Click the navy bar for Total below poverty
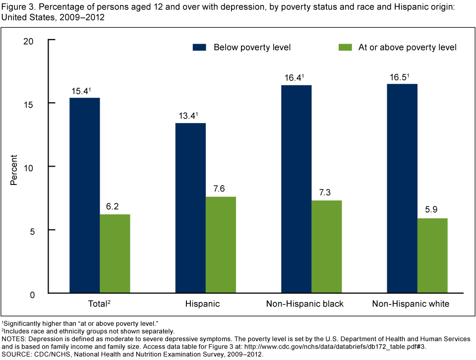(x=85, y=195)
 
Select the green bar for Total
(x=115, y=254)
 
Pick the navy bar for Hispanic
(x=190, y=208)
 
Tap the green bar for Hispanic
(x=221, y=245)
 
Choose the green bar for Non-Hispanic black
(x=327, y=247)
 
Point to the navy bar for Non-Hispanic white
(x=402, y=189)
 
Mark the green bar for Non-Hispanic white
(x=432, y=256)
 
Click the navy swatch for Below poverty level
(x=199, y=48)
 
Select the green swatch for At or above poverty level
(x=345, y=48)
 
